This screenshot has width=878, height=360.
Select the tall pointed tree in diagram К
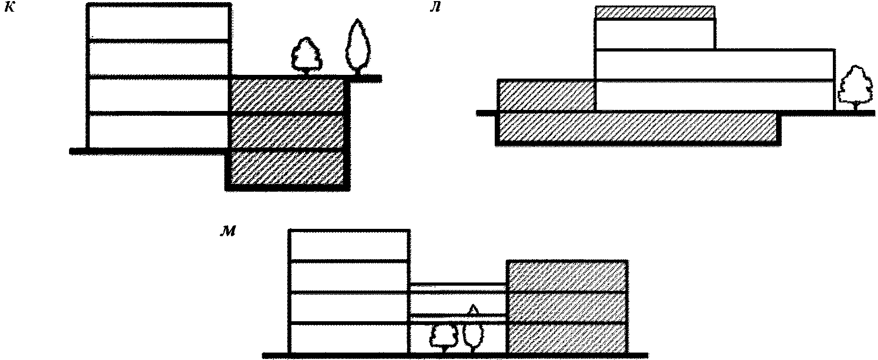pyautogui.click(x=356, y=47)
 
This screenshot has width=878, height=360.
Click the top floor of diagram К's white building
pyautogui.click(x=158, y=22)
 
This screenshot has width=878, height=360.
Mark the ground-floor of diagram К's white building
pyautogui.click(x=158, y=131)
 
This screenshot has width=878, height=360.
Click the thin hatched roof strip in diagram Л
pyautogui.click(x=654, y=12)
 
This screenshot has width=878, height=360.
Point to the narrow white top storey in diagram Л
pyautogui.click(x=655, y=34)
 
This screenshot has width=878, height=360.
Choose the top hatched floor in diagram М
pyautogui.click(x=567, y=276)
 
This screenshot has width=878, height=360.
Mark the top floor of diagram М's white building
pyautogui.click(x=349, y=245)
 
